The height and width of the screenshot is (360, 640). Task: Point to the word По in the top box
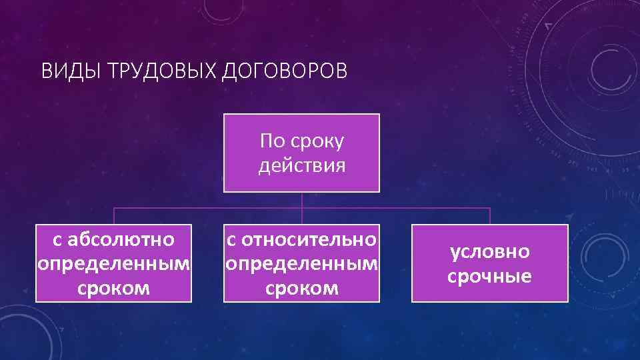click(271, 141)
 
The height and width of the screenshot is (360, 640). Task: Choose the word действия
click(301, 165)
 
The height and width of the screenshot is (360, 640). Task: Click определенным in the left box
click(113, 263)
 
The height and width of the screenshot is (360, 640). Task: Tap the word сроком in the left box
click(113, 288)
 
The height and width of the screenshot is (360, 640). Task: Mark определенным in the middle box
click(301, 263)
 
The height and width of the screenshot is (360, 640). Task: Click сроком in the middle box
click(301, 288)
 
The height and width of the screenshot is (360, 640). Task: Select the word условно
click(490, 251)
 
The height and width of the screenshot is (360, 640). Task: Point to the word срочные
click(490, 276)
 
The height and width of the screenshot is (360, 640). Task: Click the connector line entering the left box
click(114, 216)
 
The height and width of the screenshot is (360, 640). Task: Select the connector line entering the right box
click(490, 216)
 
